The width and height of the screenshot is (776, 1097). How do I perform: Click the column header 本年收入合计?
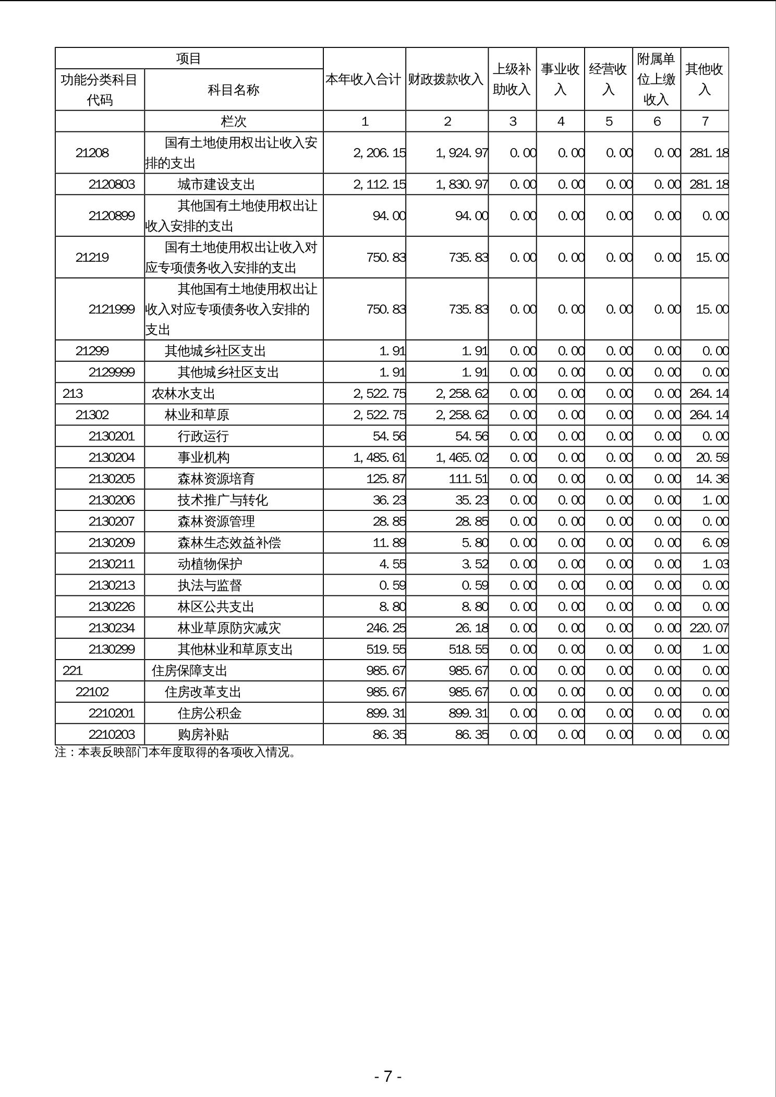pyautogui.click(x=364, y=79)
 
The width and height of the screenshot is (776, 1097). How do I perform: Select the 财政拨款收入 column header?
pyautogui.click(x=446, y=79)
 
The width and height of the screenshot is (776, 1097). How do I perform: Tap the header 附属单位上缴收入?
pyautogui.click(x=656, y=79)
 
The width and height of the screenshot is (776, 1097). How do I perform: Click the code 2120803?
pyautogui.click(x=112, y=185)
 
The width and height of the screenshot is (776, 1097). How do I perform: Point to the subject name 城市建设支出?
pyautogui.click(x=216, y=185)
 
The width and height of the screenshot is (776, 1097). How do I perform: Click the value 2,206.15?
pyautogui.click(x=379, y=153)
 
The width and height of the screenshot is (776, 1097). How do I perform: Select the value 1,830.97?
pyautogui.click(x=462, y=185)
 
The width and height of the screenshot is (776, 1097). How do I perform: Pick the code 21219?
pyautogui.click(x=92, y=258)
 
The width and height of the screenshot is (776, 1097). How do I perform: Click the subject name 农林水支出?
pyautogui.click(x=183, y=394)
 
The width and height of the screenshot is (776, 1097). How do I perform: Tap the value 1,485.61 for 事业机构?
pyautogui.click(x=379, y=458)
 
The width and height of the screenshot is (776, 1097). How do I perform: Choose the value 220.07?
pyautogui.click(x=709, y=628)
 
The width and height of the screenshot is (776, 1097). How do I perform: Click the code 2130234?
pyautogui.click(x=112, y=628)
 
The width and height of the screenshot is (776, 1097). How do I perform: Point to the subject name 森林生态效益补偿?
pyautogui.click(x=229, y=543)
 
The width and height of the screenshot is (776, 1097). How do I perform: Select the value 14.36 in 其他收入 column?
pyautogui.click(x=712, y=479)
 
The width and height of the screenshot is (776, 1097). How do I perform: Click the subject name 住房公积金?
pyautogui.click(x=210, y=713)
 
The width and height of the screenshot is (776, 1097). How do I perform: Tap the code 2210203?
pyautogui.click(x=112, y=735)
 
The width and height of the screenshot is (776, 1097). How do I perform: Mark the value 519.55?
pyautogui.click(x=386, y=650)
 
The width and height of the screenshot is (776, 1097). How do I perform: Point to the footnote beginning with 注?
pyautogui.click(x=175, y=753)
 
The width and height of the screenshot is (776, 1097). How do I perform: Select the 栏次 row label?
pyautogui.click(x=234, y=121)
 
